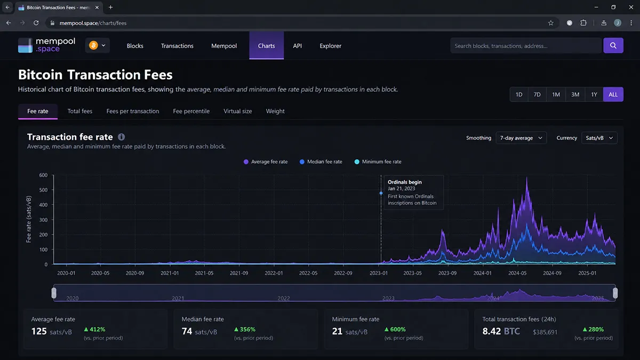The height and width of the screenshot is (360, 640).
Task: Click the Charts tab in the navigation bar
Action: coord(266,46)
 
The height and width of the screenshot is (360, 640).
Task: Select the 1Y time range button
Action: coord(594,94)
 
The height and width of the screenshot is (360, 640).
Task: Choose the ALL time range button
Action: coord(613,94)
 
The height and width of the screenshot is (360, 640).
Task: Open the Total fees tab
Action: coord(79,111)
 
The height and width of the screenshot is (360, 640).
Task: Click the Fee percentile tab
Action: coord(191,111)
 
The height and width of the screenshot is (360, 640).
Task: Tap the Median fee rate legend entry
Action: coord(321,162)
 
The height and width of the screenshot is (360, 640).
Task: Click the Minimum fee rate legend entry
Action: coord(378,162)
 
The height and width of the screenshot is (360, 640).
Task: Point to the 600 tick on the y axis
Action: coord(43,175)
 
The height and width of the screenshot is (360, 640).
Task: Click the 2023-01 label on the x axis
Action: coord(379,273)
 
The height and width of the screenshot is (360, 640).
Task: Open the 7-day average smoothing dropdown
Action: coord(521,138)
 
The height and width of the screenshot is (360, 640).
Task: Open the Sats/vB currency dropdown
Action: coord(599,138)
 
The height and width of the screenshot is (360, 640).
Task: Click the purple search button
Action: coord(613,45)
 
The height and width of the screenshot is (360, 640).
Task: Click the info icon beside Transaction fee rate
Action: coord(122,137)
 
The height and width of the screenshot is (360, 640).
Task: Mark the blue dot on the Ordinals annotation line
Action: coord(381,193)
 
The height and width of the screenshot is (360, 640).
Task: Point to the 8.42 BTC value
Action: coord(501,331)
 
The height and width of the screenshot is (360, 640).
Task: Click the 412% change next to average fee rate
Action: coord(94,330)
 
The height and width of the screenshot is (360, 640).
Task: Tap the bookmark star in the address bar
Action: coord(550,23)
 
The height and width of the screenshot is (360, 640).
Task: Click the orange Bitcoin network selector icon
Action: coord(93,45)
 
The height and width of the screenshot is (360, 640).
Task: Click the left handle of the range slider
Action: coord(54,293)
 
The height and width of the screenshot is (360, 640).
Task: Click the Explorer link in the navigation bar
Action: coord(330,46)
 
